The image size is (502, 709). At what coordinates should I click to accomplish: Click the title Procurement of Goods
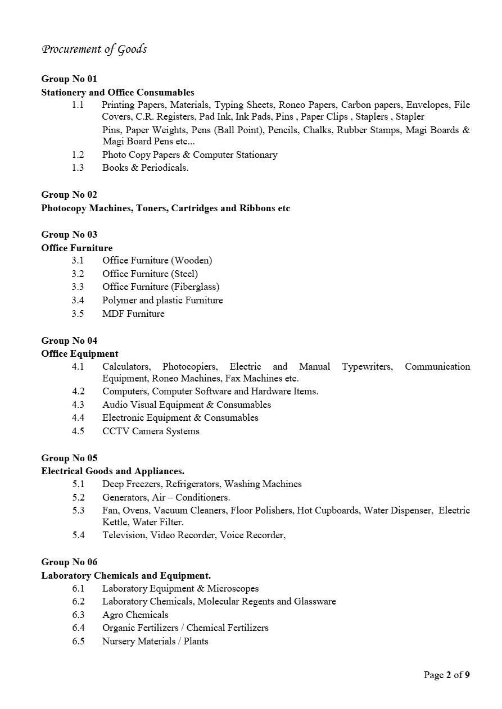pyautogui.click(x=94, y=49)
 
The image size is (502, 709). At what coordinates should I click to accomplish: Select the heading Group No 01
pyautogui.click(x=69, y=79)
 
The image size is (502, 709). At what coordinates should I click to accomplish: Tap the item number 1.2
pyautogui.click(x=78, y=154)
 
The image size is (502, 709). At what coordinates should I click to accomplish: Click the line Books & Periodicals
pyautogui.click(x=145, y=167)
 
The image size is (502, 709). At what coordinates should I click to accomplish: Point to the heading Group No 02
pyautogui.click(x=69, y=194)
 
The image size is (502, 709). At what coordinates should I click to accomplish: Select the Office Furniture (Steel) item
pyautogui.click(x=150, y=274)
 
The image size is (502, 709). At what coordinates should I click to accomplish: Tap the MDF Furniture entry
pyautogui.click(x=133, y=313)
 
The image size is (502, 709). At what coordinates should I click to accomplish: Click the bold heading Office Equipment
pyautogui.click(x=80, y=353)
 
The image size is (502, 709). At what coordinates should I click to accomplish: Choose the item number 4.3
pyautogui.click(x=78, y=405)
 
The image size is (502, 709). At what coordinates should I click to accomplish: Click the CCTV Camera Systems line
pyautogui.click(x=151, y=431)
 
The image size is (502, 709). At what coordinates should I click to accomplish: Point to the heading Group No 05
pyautogui.click(x=69, y=458)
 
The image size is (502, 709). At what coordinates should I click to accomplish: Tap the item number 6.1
pyautogui.click(x=78, y=588)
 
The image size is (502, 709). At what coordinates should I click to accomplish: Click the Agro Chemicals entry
pyautogui.click(x=135, y=615)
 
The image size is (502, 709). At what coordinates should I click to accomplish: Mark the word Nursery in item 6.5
pyautogui.click(x=119, y=641)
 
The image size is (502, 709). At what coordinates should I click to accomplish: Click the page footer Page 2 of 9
pyautogui.click(x=446, y=675)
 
